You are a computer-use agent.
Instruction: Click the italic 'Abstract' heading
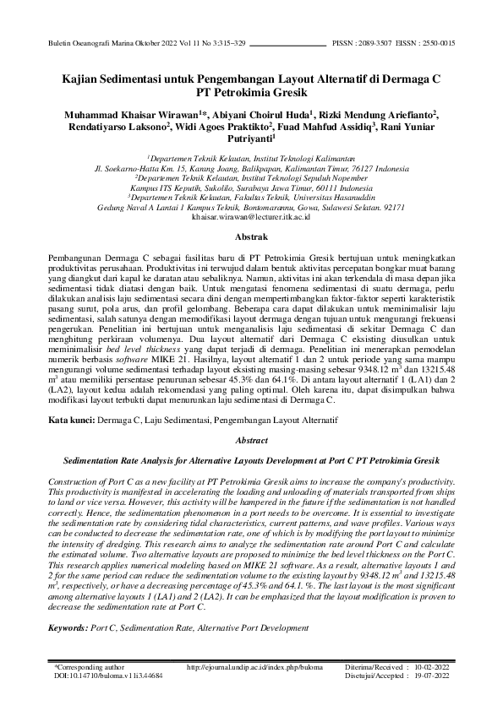click(250, 440)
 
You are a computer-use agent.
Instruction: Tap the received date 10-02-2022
click(432, 667)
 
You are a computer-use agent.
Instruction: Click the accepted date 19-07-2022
click(432, 676)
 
